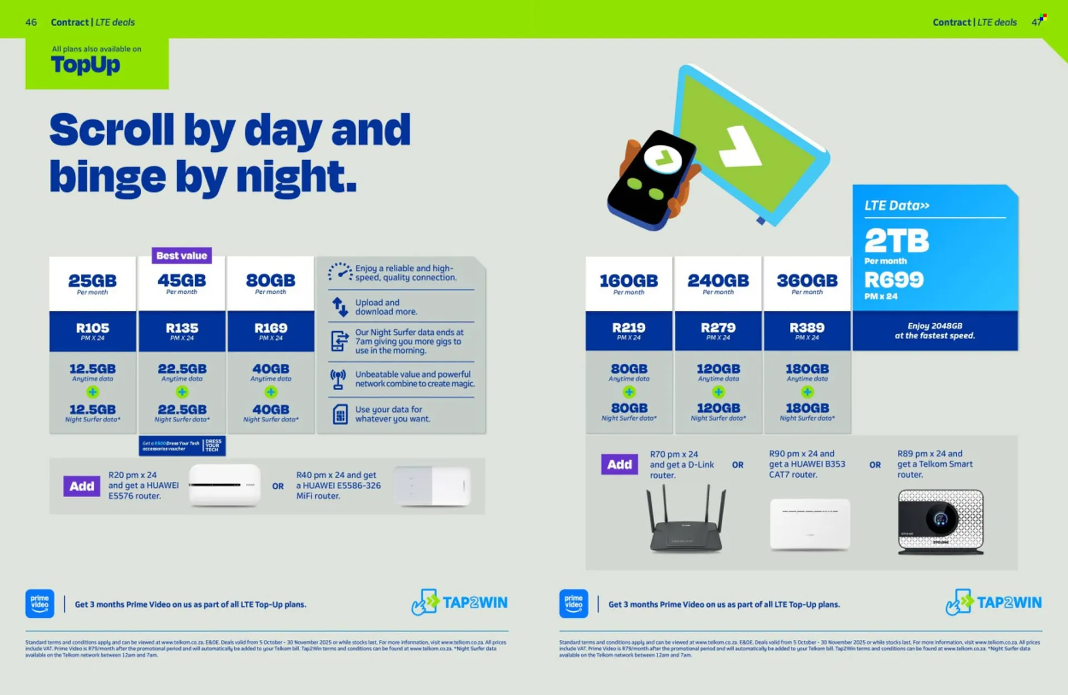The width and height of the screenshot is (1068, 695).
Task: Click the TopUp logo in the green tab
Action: pos(86,65)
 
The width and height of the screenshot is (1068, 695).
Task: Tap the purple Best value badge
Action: pos(181,255)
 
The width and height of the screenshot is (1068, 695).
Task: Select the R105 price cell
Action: pos(92,331)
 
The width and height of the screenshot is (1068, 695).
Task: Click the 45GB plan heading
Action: pos(181,281)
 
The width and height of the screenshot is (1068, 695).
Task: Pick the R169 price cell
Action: pos(271,331)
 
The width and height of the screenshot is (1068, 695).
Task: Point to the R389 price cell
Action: pos(807,331)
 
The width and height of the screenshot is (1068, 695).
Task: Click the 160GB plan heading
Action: pos(629,281)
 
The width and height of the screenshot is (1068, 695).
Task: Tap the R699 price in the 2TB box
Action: pos(894,279)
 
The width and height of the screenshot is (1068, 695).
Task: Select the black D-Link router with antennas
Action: pos(686,520)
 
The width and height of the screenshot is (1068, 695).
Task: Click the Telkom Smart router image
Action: pos(941,521)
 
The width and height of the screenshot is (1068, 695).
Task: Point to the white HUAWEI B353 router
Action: pos(810,523)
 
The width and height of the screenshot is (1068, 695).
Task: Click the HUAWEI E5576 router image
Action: pos(224,485)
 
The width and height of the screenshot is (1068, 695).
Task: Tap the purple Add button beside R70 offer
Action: pos(619,464)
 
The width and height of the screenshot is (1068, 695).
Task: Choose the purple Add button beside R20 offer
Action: pos(82,486)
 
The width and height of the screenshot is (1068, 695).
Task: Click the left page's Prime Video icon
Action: pos(39,603)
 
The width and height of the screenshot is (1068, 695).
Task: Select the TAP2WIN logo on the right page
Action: pos(993,603)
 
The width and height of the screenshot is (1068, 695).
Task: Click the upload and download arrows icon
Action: pos(339,307)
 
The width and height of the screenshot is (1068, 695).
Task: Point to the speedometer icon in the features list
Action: pos(340,272)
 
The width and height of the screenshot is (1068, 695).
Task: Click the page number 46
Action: pos(31,22)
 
